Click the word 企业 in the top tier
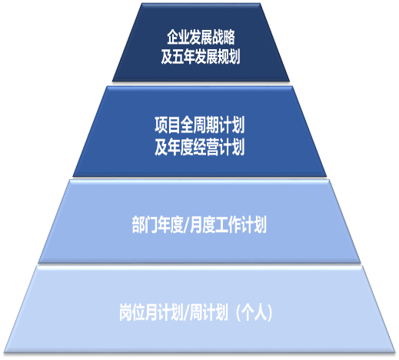point(178,37)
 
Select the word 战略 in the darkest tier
point(224,37)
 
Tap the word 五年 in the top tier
point(184,56)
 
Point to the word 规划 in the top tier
point(229,56)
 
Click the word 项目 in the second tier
point(168,125)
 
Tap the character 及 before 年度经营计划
point(161,147)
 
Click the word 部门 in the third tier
point(145,225)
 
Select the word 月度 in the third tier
point(202,225)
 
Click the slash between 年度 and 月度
point(186,225)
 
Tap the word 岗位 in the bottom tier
point(132,312)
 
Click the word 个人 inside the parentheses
point(254,312)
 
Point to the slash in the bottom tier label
point(187,312)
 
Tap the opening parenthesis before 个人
point(238,312)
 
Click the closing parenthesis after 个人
point(269,312)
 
